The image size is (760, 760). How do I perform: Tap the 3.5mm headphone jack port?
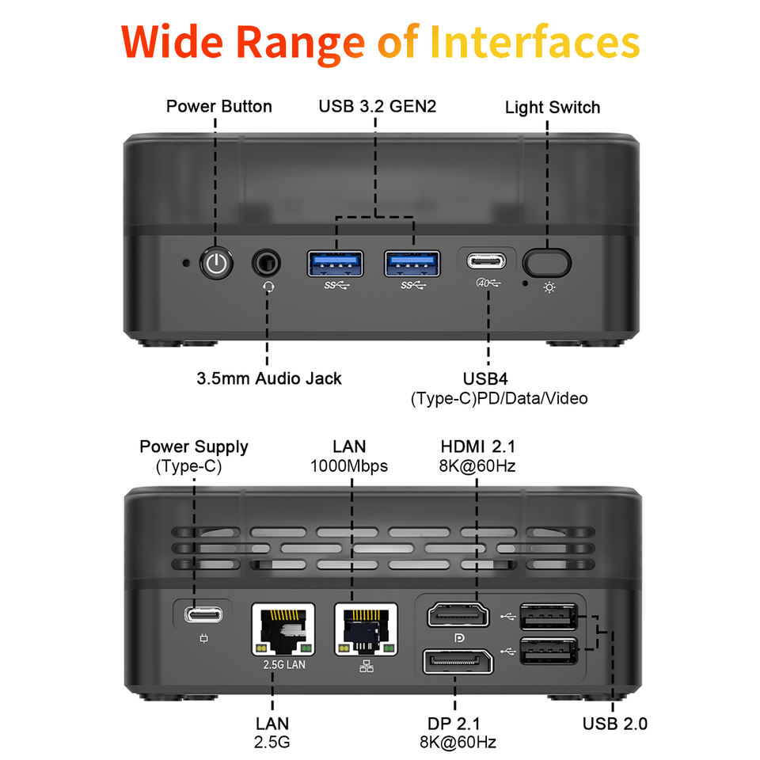(267, 262)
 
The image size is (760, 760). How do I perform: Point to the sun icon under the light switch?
(549, 287)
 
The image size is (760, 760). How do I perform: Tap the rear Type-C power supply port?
(203, 613)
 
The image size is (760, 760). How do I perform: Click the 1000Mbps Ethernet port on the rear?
(366, 630)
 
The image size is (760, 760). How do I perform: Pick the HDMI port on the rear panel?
(460, 614)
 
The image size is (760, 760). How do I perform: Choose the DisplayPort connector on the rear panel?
(458, 661)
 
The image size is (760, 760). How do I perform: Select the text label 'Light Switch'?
(553, 107)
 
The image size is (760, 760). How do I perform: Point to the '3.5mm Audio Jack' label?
(269, 378)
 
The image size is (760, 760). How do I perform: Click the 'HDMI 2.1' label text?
(477, 446)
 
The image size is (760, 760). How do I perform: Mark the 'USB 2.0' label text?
(615, 723)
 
